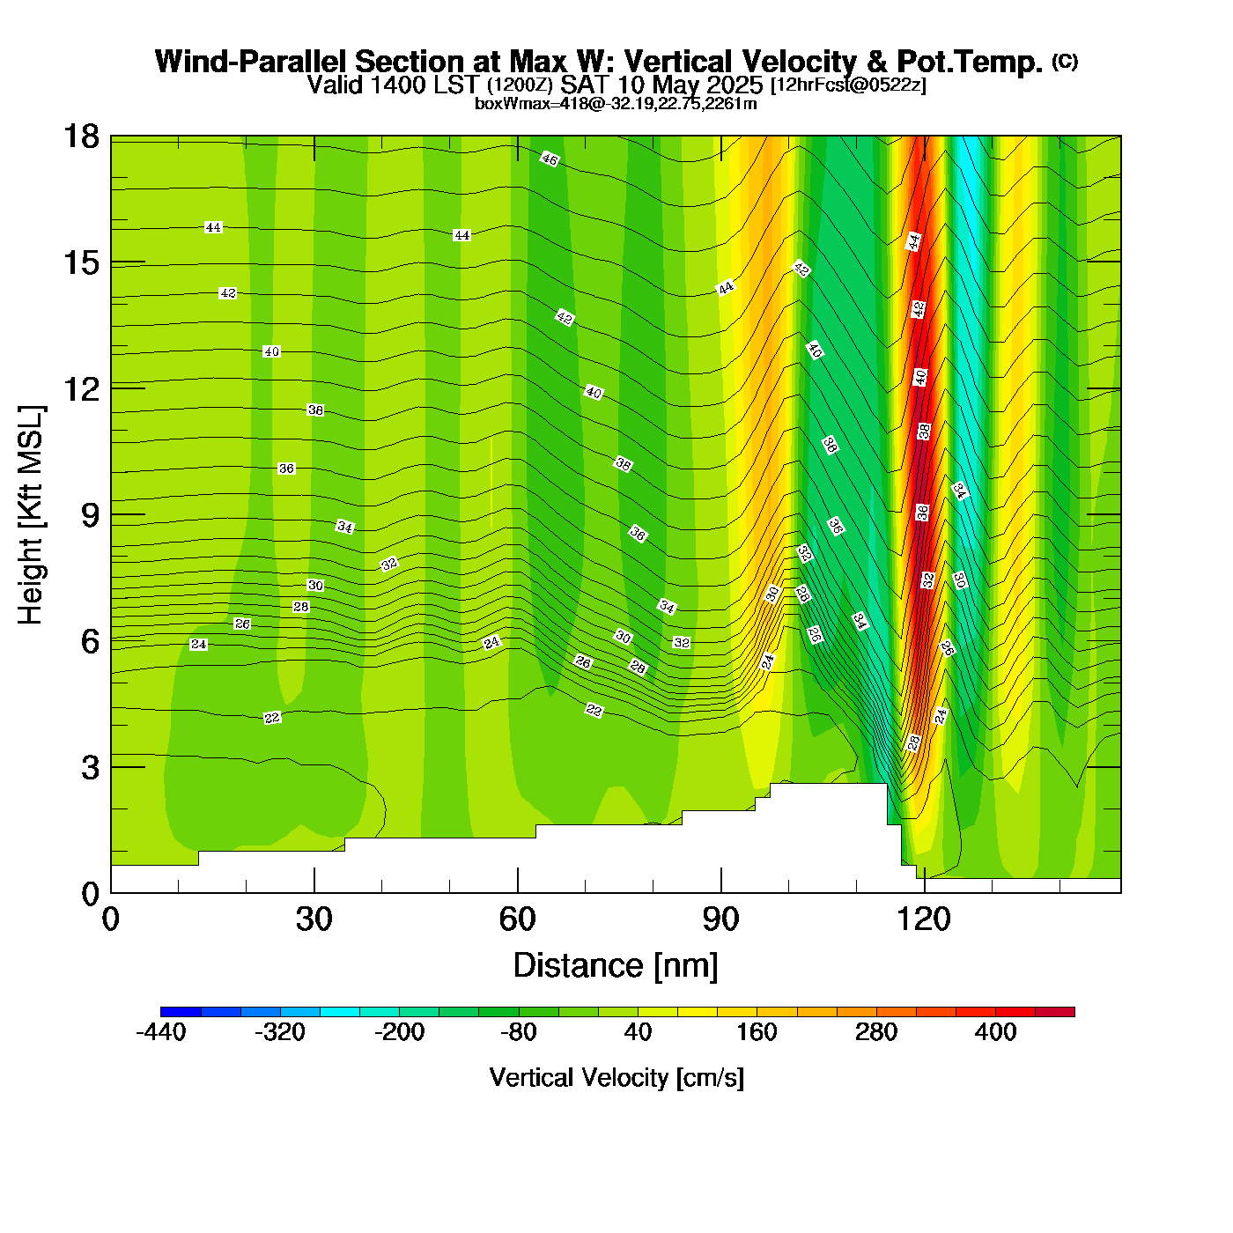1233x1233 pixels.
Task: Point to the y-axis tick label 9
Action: click(90, 515)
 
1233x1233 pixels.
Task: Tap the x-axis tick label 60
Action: click(517, 919)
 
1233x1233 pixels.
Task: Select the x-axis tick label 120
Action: click(924, 919)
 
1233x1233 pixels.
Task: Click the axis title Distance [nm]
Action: click(616, 966)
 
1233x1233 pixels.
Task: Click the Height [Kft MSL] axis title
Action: click(31, 515)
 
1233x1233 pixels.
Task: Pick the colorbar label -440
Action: click(161, 1032)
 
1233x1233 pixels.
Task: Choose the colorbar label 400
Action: click(995, 1032)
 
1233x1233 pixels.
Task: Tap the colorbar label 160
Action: click(757, 1032)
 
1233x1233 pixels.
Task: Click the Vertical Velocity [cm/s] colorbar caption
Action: click(616, 1077)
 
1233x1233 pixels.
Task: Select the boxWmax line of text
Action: click(616, 104)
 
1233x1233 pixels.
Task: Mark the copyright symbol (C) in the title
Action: click(1064, 61)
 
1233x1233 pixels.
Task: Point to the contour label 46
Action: click(550, 159)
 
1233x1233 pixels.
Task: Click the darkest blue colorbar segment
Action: click(181, 1012)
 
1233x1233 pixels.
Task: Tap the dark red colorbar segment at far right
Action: click(1054, 1012)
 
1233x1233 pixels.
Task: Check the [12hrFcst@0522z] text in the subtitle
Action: click(847, 85)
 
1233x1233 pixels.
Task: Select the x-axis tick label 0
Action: click(111, 919)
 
